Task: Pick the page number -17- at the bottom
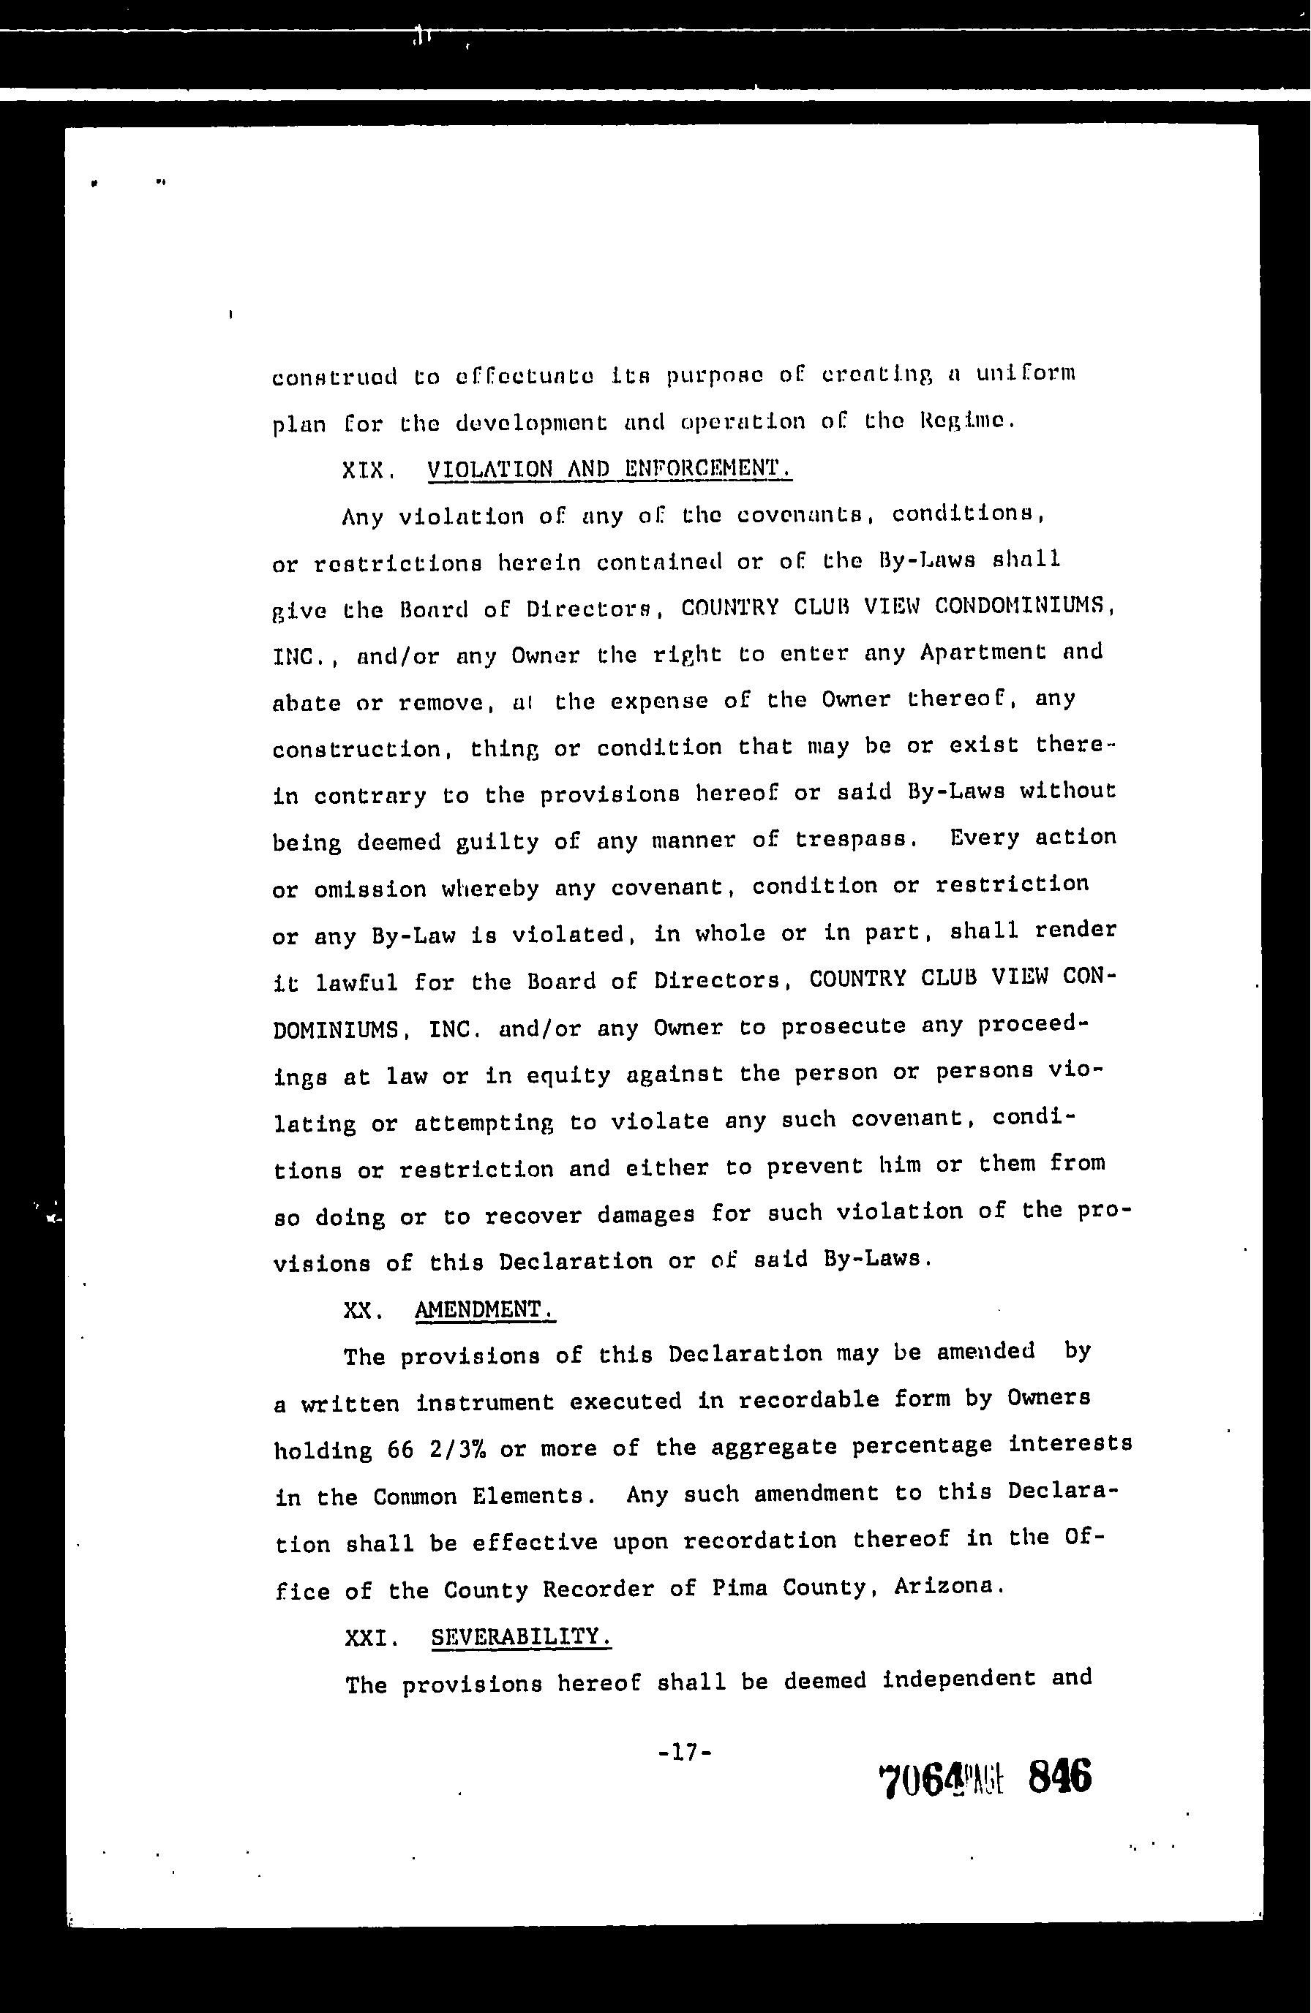point(684,1752)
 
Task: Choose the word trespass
point(857,839)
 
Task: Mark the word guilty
point(497,843)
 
